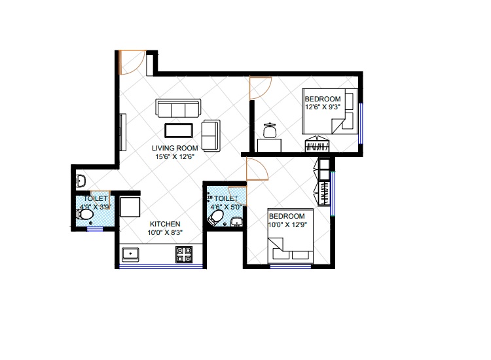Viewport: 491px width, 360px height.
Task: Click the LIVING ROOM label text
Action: tap(175, 148)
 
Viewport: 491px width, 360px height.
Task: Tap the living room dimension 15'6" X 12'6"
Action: tap(175, 156)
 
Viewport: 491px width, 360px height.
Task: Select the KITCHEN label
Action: tap(165, 224)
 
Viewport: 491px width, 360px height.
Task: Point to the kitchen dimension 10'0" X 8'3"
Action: tap(165, 232)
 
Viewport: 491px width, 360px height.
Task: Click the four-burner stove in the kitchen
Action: tap(184, 254)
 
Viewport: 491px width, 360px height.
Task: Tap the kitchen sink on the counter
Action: tap(130, 254)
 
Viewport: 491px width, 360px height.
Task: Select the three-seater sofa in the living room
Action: tap(178, 108)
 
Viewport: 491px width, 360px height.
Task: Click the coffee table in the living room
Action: tap(179, 130)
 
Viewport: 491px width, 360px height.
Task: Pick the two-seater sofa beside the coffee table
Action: tap(211, 135)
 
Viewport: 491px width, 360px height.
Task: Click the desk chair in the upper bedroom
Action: tap(270, 130)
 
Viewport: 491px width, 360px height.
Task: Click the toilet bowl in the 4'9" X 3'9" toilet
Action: tap(84, 215)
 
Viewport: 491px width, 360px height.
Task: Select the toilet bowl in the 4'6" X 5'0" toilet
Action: tap(216, 217)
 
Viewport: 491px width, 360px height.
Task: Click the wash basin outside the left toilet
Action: tap(81, 181)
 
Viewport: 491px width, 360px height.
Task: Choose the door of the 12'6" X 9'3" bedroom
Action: tap(261, 88)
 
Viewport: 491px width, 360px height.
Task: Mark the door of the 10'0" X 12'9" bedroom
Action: tap(257, 169)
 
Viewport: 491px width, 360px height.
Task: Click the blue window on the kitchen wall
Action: tap(161, 266)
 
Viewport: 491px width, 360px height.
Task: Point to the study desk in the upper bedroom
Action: tap(269, 145)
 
